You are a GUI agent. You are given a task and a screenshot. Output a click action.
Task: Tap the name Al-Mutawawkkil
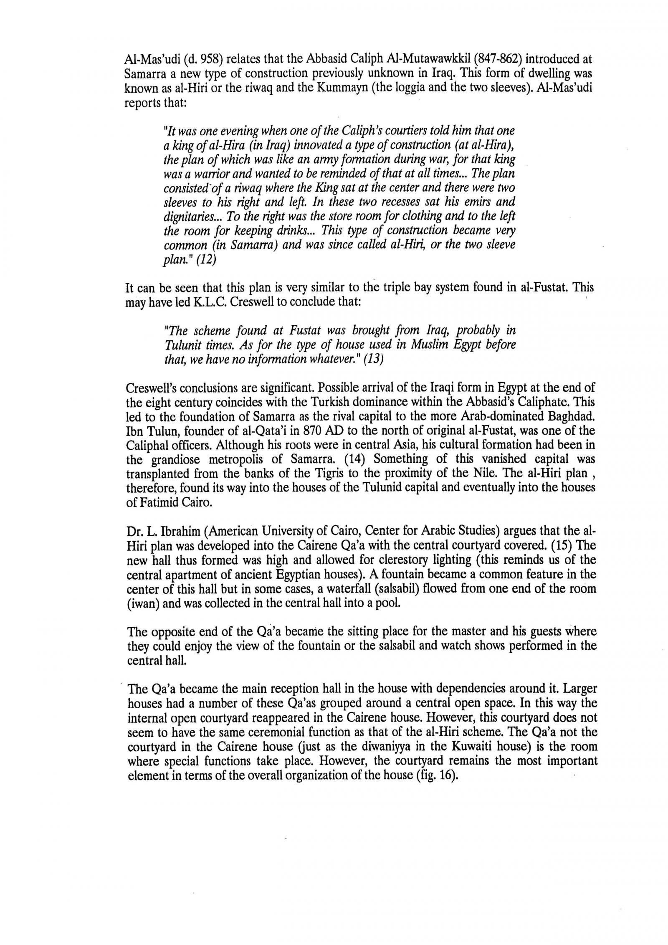pyautogui.click(x=424, y=59)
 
